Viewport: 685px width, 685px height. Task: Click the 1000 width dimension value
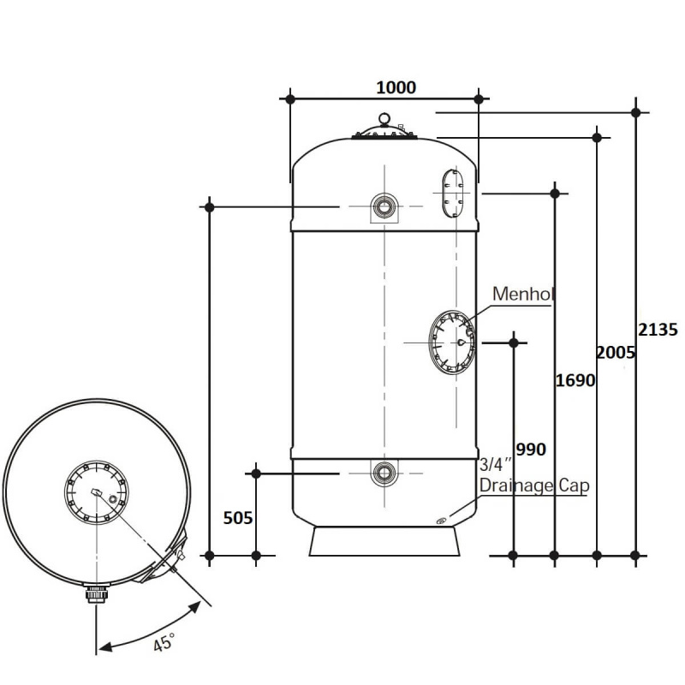point(396,88)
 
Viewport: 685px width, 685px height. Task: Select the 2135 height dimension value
point(658,330)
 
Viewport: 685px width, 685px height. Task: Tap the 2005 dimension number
point(616,353)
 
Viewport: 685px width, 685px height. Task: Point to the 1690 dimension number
point(575,380)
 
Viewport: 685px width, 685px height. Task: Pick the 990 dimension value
point(531,450)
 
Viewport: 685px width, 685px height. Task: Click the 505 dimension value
point(238,518)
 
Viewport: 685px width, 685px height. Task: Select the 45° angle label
point(164,643)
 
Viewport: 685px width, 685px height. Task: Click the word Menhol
point(523,294)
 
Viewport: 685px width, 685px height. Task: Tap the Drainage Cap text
point(534,485)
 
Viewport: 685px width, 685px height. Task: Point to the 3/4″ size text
point(495,465)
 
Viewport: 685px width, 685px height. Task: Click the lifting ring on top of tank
point(384,119)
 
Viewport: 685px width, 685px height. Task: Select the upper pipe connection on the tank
point(384,206)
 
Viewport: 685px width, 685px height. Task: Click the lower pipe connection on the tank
point(384,473)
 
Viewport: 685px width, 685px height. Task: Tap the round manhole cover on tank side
point(453,342)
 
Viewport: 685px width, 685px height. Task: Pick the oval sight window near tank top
point(453,193)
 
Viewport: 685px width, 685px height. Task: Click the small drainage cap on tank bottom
point(440,521)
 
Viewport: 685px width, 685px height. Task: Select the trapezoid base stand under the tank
point(384,541)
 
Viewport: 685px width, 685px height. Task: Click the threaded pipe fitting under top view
point(96,594)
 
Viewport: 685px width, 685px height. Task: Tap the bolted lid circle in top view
point(96,492)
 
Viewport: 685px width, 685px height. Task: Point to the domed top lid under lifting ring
point(384,132)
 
